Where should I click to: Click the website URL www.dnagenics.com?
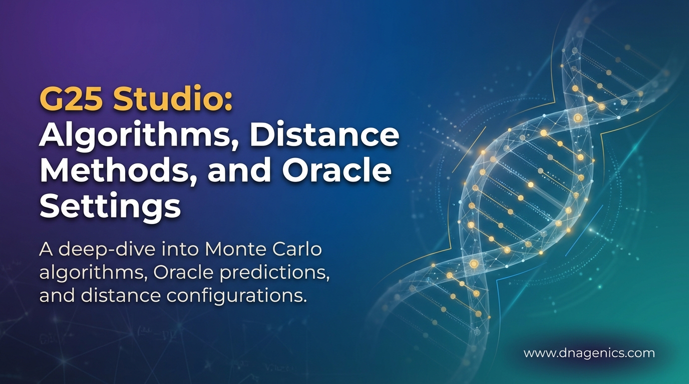click(x=589, y=353)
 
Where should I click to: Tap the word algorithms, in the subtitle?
click(x=92, y=273)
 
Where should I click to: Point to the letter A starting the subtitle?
click(x=45, y=249)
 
